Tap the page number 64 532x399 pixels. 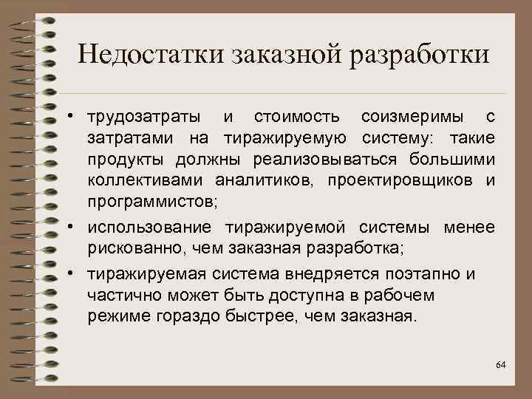tap(501, 365)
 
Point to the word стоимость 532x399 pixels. tap(297, 117)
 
